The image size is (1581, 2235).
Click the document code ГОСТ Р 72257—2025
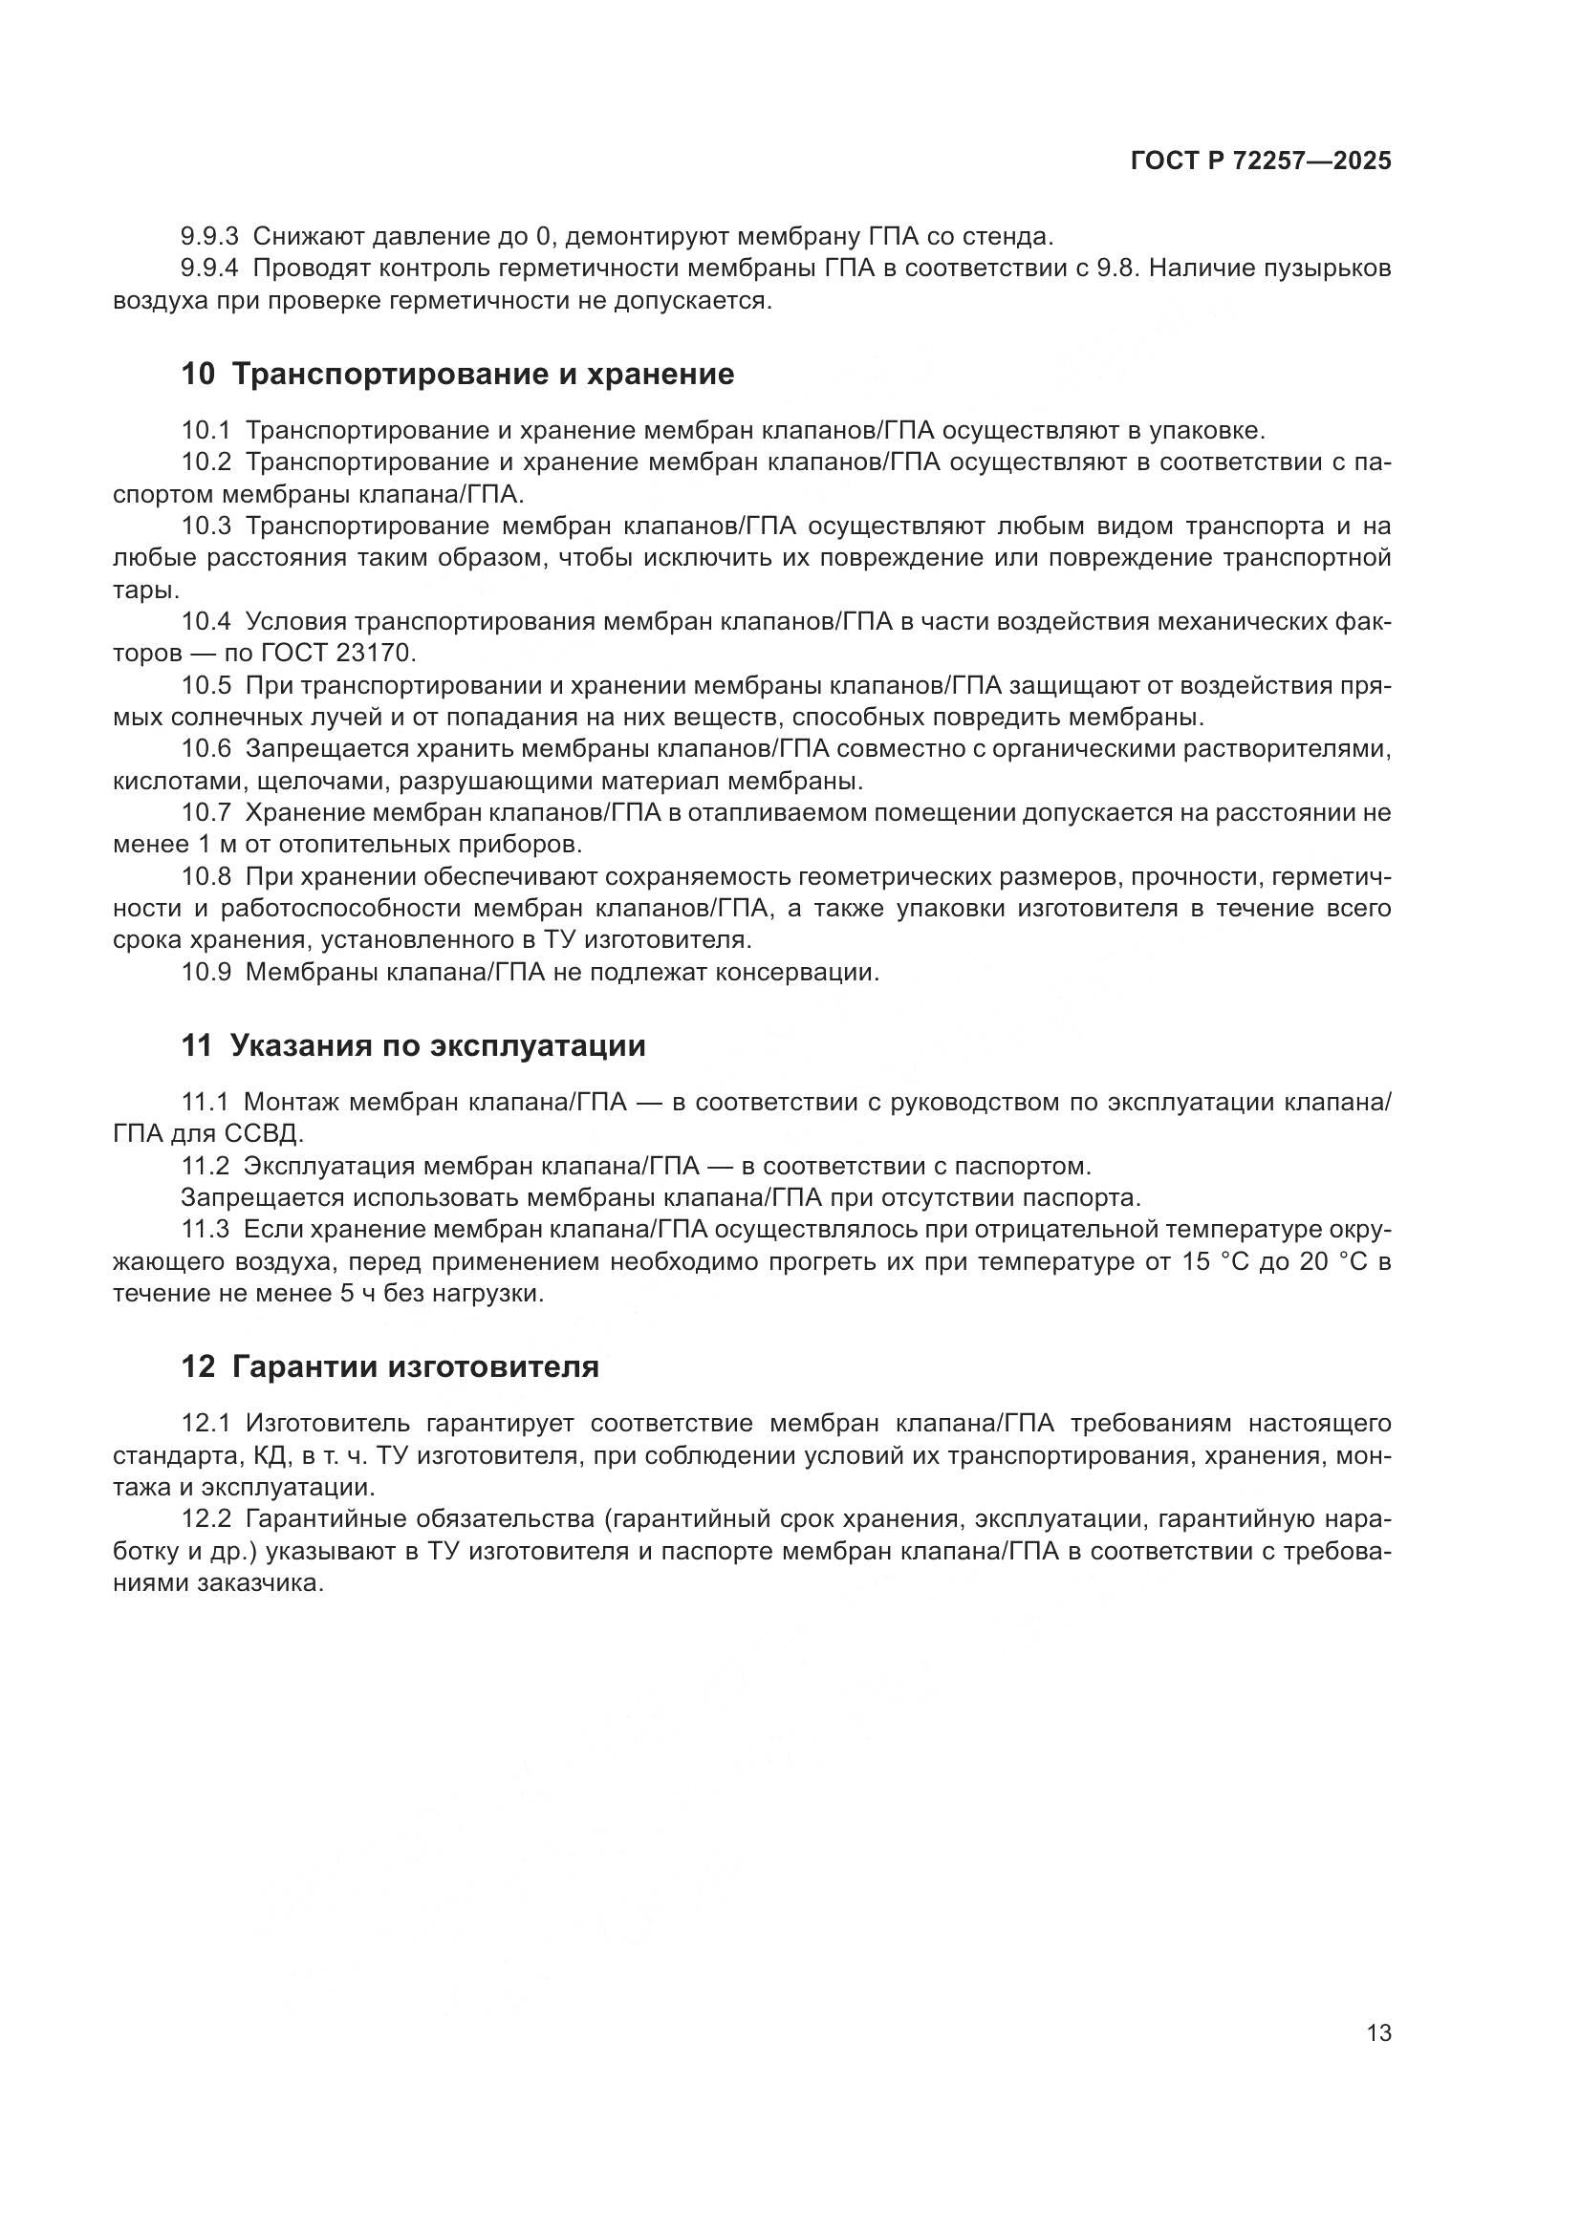[x=1261, y=161]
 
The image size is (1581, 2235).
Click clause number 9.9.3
[x=209, y=236]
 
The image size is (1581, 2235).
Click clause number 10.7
[x=206, y=813]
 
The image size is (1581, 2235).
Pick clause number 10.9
[x=206, y=972]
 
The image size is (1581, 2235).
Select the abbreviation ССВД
[x=264, y=1134]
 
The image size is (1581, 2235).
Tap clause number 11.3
[x=206, y=1231]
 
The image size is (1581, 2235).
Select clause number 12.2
[x=206, y=1519]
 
